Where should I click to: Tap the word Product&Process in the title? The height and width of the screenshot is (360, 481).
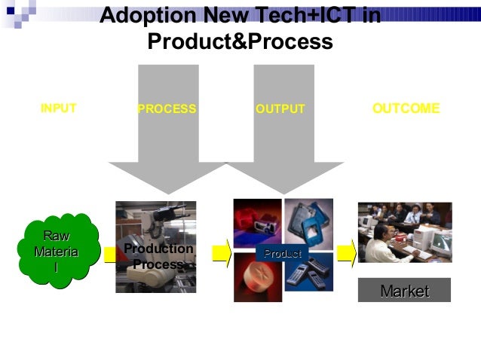240,42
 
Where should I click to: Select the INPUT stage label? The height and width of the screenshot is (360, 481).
58,108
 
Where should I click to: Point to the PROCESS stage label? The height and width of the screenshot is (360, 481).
167,109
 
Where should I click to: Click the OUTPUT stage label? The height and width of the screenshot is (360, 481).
280,109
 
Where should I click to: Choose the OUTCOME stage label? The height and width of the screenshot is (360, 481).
406,108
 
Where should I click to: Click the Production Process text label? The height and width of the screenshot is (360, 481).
158,257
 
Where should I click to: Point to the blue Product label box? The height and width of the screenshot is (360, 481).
283,254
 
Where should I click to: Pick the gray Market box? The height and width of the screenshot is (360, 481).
404,291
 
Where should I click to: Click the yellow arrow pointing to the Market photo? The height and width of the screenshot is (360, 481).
346,252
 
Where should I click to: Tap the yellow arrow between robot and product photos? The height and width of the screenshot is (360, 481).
221,252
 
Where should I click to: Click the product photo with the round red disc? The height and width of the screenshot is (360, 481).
257,278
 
